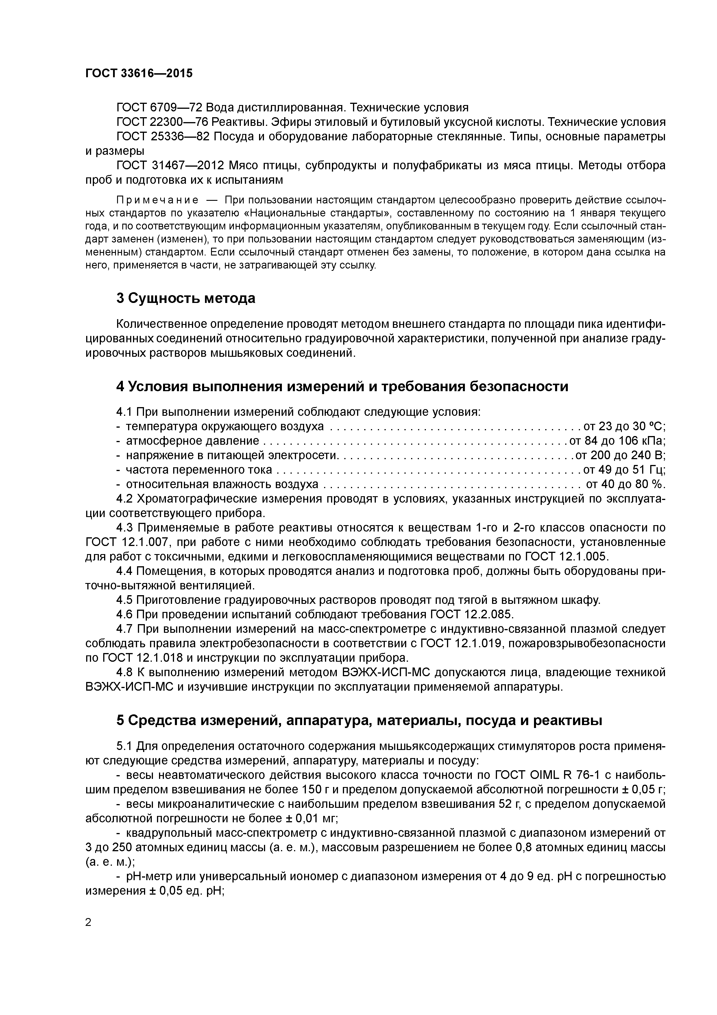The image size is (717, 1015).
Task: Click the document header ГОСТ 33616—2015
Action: click(139, 73)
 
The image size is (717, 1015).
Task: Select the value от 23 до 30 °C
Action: click(624, 426)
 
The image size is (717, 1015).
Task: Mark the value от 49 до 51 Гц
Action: click(624, 470)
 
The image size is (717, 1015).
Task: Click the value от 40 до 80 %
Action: click(625, 484)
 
